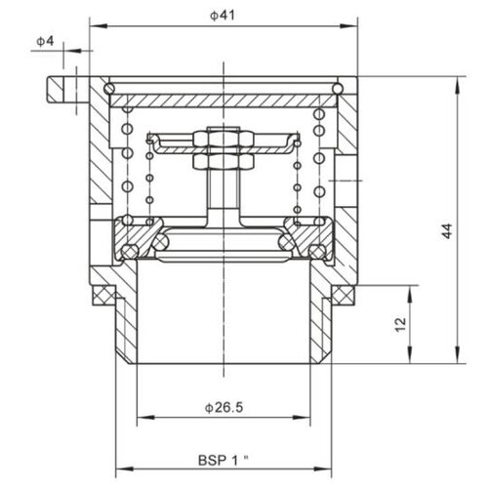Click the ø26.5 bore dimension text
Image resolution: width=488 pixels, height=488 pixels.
pyautogui.click(x=223, y=404)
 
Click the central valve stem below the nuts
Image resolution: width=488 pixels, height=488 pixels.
pyautogui.click(x=224, y=190)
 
